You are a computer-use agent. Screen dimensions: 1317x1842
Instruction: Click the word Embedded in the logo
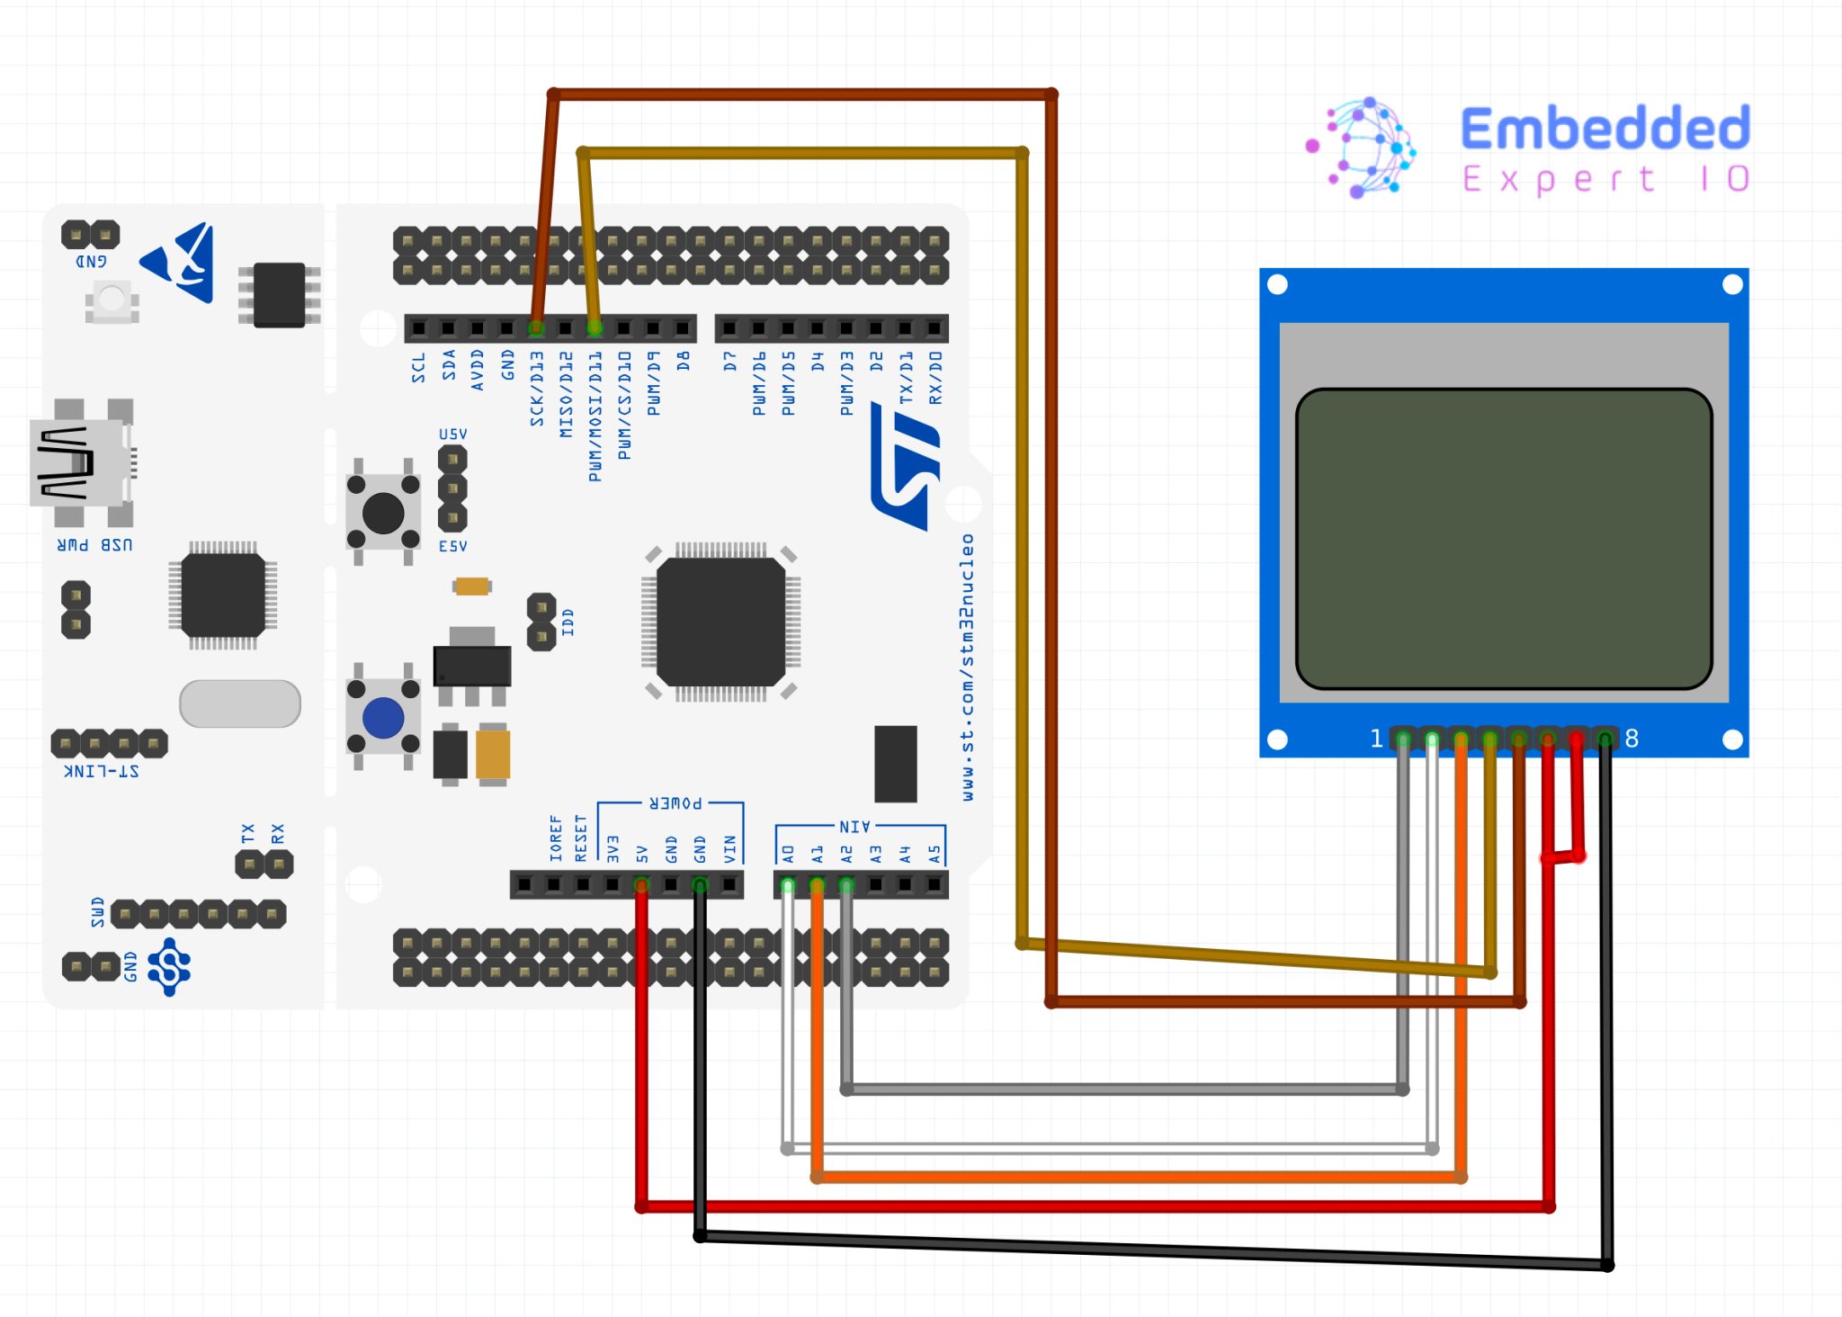tap(1605, 128)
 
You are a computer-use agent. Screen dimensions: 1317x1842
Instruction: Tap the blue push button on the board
tap(383, 718)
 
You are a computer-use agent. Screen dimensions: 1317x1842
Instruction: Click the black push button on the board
tap(383, 513)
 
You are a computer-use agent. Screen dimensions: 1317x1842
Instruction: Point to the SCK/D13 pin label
tap(536, 389)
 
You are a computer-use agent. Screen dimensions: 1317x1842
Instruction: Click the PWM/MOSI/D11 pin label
tap(595, 416)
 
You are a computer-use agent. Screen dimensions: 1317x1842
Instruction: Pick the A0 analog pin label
tap(788, 853)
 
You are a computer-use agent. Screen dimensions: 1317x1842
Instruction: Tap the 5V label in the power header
tap(642, 853)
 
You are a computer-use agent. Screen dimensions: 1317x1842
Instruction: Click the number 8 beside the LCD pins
tap(1632, 739)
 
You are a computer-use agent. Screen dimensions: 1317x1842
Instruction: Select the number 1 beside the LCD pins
tap(1376, 739)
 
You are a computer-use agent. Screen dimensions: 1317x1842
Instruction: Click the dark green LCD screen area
tap(1503, 538)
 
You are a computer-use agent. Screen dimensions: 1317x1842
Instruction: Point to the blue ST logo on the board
tap(907, 466)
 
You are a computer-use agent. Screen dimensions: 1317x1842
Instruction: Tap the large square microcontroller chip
tap(720, 621)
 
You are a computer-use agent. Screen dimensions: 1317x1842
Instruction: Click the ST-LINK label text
tap(102, 772)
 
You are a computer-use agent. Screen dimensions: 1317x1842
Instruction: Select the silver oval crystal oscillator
tap(240, 703)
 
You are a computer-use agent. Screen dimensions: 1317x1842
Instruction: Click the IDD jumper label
tap(568, 622)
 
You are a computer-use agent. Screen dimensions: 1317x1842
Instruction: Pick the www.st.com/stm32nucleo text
tap(967, 667)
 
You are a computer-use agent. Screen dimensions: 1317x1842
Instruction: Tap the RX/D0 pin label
tap(935, 378)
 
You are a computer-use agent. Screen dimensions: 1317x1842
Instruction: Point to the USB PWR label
tap(94, 545)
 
